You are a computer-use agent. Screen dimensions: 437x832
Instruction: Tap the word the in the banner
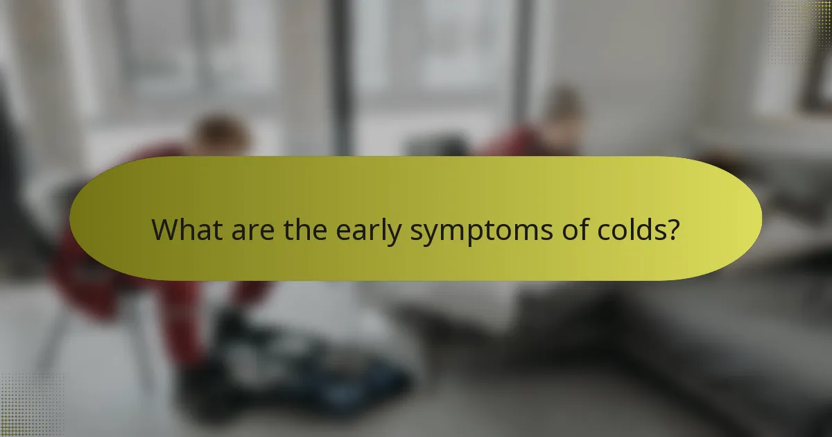(306, 230)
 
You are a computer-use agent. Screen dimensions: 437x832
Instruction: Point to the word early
(369, 231)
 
